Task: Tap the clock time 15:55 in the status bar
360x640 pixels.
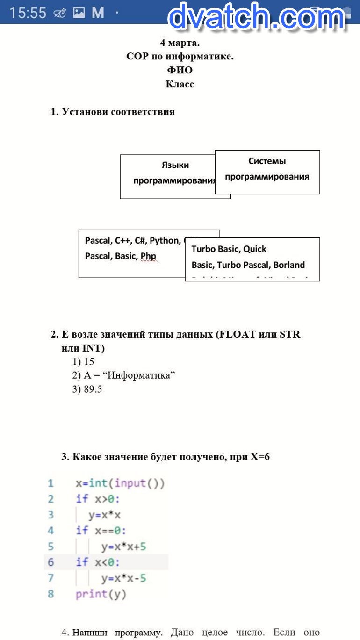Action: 28,13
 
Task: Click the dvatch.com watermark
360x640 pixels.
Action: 256,18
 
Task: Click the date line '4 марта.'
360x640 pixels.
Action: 180,43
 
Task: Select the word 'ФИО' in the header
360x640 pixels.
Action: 180,71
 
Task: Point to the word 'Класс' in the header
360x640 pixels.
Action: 180,84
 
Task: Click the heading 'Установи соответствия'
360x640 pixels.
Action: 118,112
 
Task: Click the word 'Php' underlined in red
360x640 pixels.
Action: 149,256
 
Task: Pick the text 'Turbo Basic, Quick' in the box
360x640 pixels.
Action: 229,249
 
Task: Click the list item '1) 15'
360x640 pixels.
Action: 83,362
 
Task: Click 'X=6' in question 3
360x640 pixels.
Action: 260,457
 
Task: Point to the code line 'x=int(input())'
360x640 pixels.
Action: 120,483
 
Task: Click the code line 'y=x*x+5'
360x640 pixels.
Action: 123,547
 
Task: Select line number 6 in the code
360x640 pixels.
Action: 50,562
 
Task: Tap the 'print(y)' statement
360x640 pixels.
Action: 101,594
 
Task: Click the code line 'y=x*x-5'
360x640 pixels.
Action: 123,578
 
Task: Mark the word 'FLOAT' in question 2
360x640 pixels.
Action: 237,335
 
